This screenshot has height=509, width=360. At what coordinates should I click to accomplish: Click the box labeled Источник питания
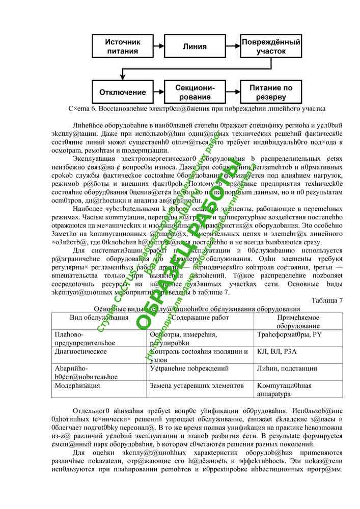pos(122,46)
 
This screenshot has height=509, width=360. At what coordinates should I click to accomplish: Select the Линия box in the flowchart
pos(195,46)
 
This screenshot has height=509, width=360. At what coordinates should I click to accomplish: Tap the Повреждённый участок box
pos(271,46)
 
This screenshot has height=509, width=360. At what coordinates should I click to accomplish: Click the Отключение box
pos(122,92)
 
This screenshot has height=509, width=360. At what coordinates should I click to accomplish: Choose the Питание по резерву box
pos(271,92)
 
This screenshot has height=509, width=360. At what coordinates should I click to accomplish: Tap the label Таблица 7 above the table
pos(326,300)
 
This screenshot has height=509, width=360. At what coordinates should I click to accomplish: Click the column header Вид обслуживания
pos(99,318)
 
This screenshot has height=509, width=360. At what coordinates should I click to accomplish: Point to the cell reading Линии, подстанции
pos(287,369)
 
